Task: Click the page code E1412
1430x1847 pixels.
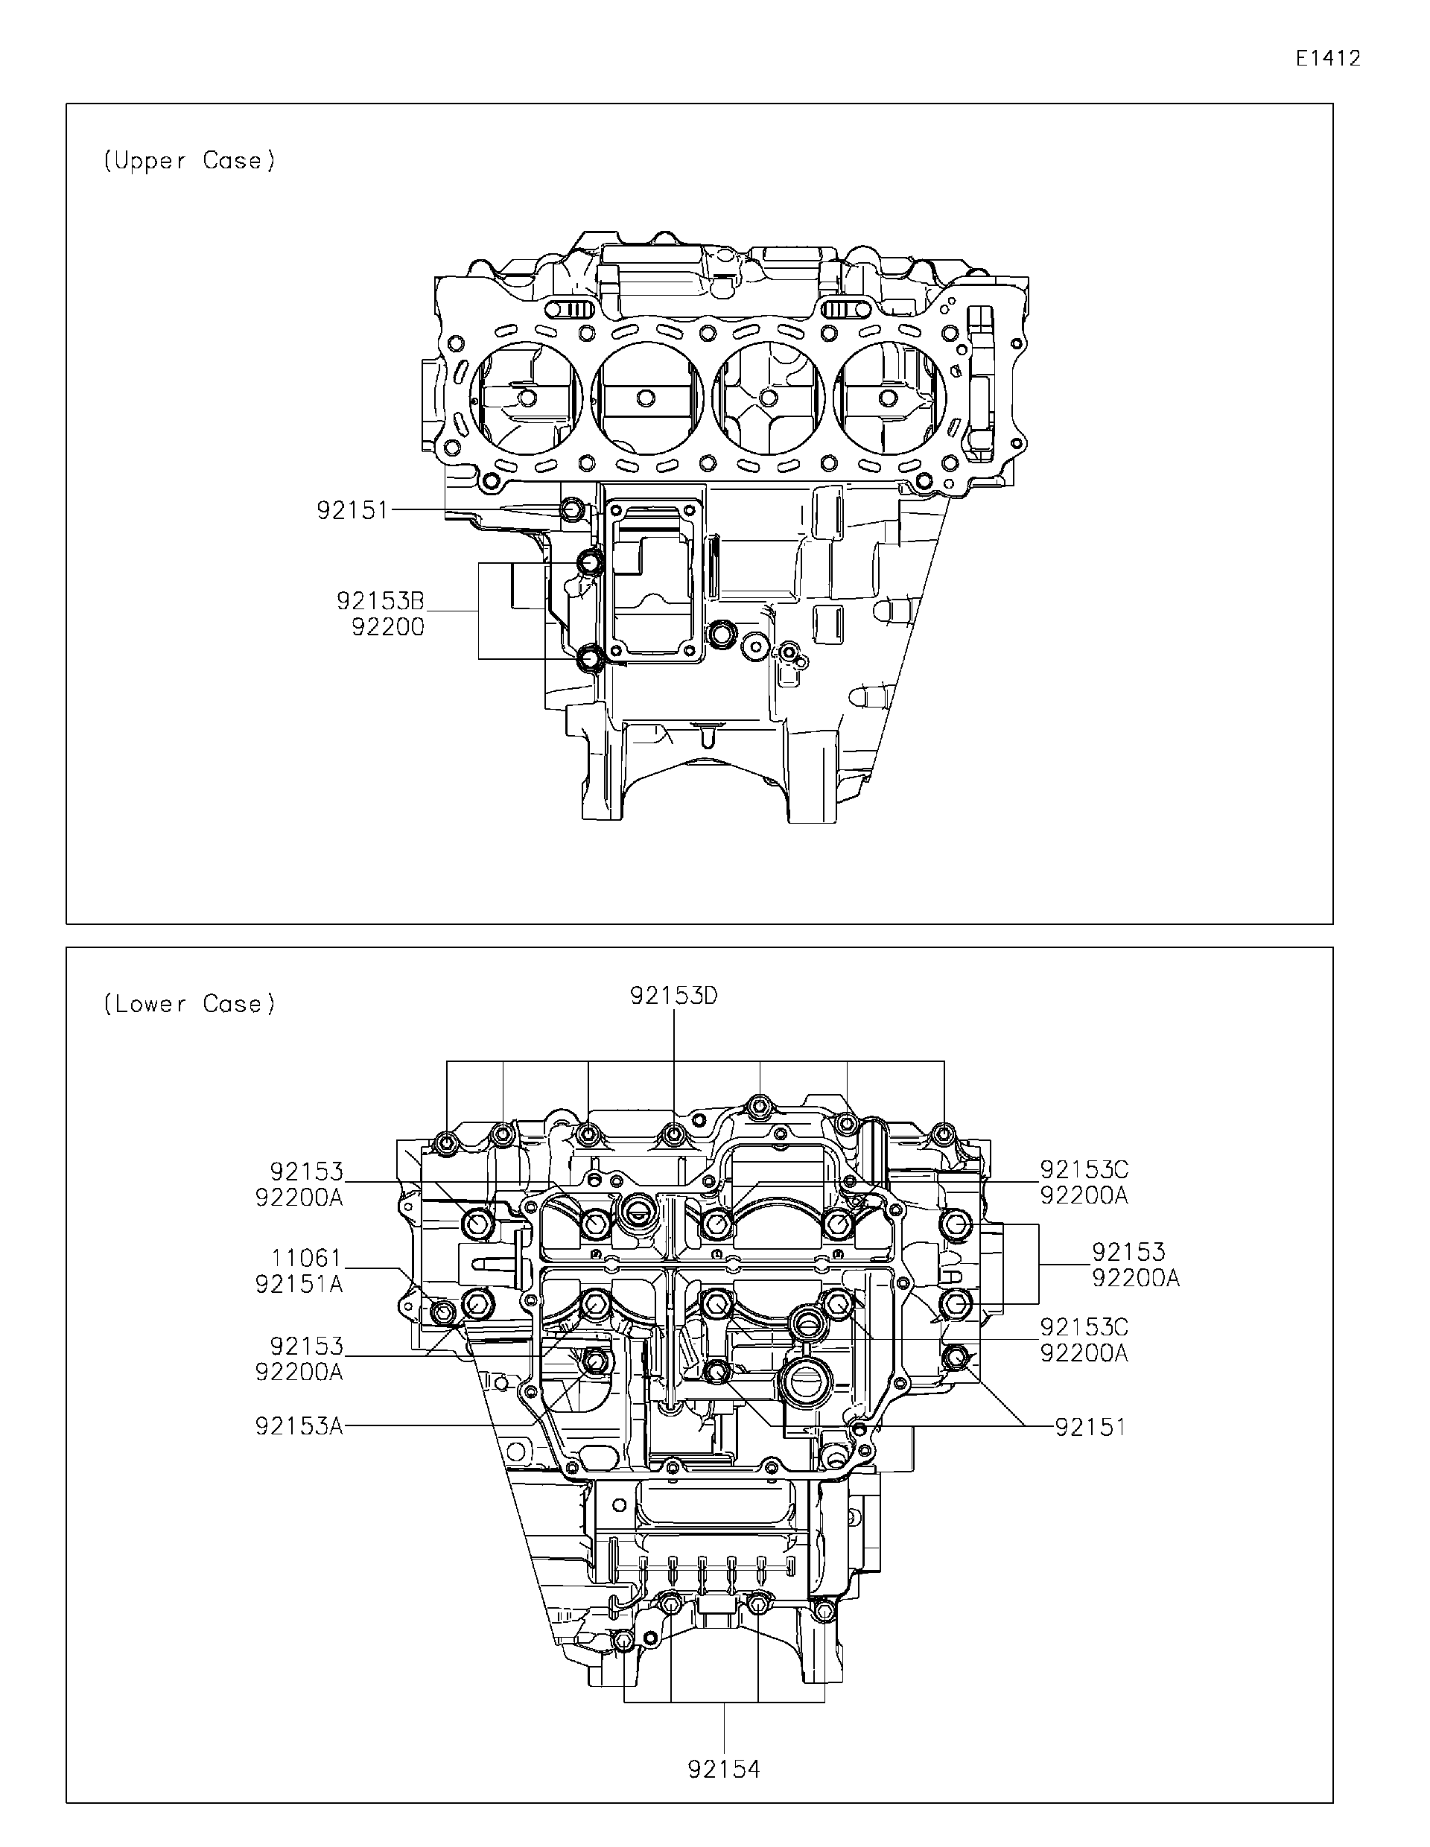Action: [x=1328, y=58]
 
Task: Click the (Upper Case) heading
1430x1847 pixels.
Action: [x=189, y=161]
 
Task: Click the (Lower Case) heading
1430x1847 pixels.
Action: [x=189, y=1004]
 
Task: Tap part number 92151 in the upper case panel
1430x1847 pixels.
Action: [x=352, y=511]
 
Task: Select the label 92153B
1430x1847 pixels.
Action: [x=380, y=601]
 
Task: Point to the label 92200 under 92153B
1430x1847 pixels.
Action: [x=387, y=628]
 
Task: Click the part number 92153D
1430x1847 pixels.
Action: [x=673, y=996]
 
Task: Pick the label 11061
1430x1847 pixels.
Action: [x=306, y=1259]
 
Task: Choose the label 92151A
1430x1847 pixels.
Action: [x=299, y=1285]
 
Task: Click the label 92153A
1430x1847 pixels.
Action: [x=299, y=1427]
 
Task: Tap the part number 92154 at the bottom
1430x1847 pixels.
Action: [x=724, y=1746]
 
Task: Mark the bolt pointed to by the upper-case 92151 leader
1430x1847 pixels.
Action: [x=572, y=510]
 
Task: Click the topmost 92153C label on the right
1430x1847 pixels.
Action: [x=1083, y=1171]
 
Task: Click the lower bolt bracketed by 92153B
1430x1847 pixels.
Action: [x=589, y=656]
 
